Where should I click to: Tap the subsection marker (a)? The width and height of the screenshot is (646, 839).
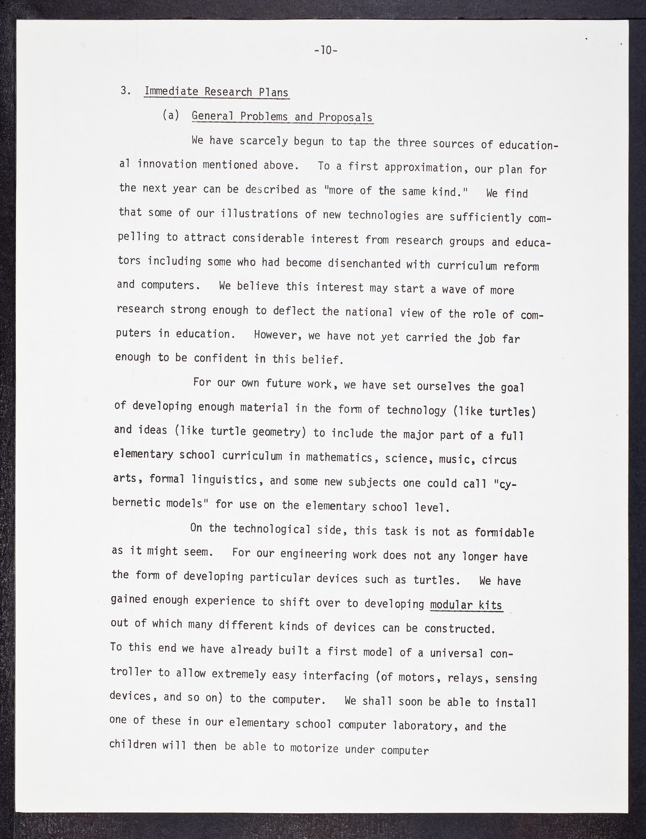(x=171, y=115)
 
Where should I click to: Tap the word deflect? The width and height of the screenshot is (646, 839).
(x=294, y=311)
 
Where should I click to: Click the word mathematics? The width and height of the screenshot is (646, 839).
(x=339, y=457)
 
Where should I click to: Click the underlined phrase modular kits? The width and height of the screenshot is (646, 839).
(x=466, y=605)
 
